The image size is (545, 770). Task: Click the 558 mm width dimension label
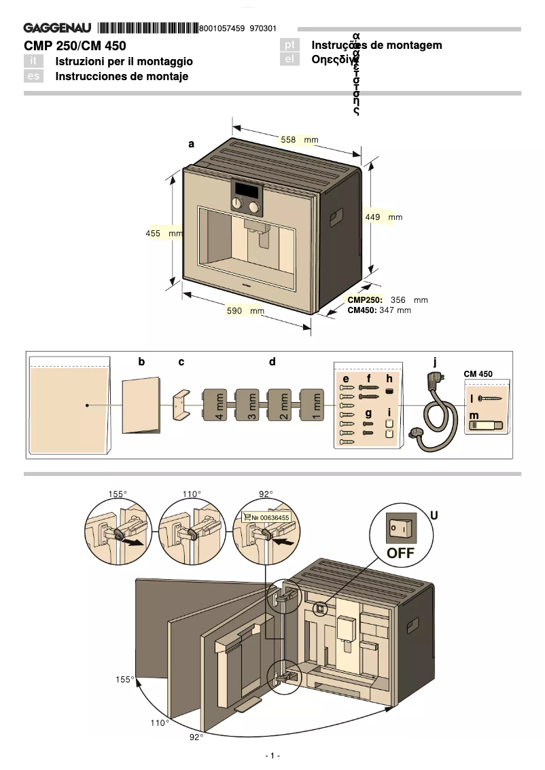click(299, 139)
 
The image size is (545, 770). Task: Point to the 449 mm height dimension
click(384, 217)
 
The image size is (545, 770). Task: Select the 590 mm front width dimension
click(245, 311)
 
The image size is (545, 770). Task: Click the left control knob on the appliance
click(238, 206)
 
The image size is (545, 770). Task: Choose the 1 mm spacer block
click(313, 406)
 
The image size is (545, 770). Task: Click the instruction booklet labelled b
click(141, 405)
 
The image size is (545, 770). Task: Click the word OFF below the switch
click(400, 553)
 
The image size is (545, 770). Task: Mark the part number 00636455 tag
click(266, 517)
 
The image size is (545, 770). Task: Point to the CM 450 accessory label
click(478, 373)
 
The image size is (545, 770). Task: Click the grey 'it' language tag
click(33, 61)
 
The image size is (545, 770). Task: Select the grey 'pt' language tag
click(290, 45)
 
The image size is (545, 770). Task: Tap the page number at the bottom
click(272, 756)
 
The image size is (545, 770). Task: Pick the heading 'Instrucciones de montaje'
click(122, 76)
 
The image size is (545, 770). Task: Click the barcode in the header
click(147, 28)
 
